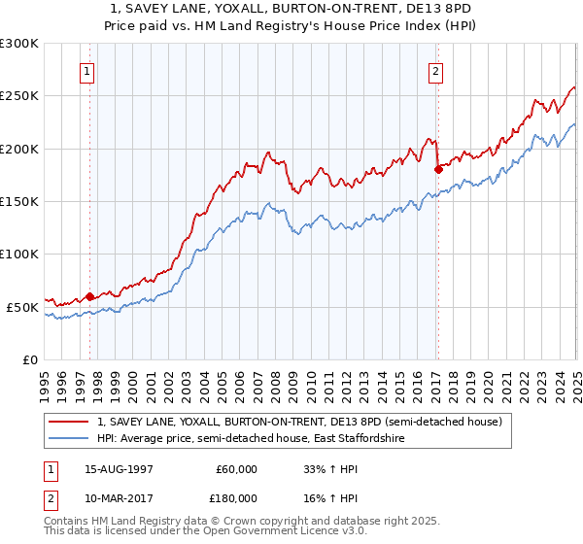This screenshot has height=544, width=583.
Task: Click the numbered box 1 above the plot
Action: click(87, 71)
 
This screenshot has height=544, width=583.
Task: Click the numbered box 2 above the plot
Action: click(435, 71)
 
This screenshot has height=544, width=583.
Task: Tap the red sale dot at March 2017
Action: click(437, 169)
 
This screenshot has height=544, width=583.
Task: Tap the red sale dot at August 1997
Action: click(89, 296)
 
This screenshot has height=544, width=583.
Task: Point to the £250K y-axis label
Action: click(19, 96)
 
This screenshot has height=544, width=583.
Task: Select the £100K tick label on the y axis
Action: click(19, 254)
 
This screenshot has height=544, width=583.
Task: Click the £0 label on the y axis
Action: click(30, 359)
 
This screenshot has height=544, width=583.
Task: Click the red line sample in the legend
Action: click(69, 423)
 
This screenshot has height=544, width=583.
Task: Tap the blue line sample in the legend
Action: click(69, 439)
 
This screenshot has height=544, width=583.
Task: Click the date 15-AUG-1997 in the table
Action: click(118, 468)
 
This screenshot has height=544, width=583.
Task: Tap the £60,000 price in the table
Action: click(237, 468)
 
